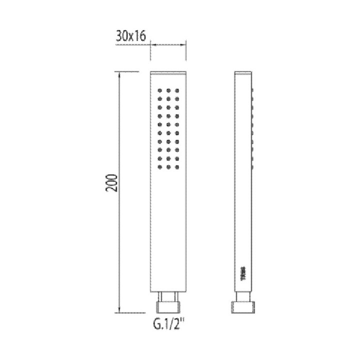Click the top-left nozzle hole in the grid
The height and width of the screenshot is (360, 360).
click(159, 90)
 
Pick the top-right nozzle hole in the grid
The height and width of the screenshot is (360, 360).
click(176, 90)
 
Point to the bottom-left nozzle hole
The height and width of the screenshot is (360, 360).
click(159, 167)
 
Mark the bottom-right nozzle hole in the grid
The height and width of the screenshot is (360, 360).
click(176, 167)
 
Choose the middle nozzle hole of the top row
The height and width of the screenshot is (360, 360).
click(168, 90)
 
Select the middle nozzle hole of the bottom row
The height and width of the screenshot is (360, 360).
click(168, 167)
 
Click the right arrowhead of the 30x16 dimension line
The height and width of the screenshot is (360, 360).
click(185, 45)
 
